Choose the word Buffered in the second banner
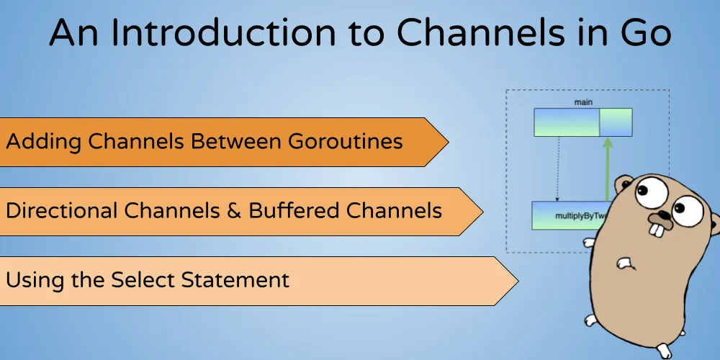click(x=293, y=211)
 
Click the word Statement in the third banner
click(x=237, y=279)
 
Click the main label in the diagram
click(x=583, y=102)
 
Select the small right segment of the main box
click(x=616, y=122)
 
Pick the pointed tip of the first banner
click(x=448, y=142)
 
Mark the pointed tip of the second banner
click(x=482, y=212)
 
